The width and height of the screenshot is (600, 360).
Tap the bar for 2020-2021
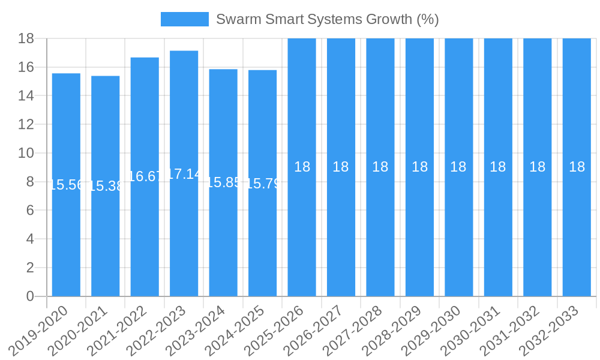[106, 240]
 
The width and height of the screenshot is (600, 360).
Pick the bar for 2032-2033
[577, 240]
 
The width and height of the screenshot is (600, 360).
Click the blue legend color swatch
[184, 19]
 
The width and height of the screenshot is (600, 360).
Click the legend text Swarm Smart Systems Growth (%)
[327, 19]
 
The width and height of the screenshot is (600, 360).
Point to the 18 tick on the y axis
[26, 38]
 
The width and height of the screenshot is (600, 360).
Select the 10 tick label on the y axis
[26, 153]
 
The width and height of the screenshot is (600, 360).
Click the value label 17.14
[184, 174]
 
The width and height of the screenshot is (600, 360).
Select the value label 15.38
[106, 186]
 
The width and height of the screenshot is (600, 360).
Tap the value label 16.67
[145, 176]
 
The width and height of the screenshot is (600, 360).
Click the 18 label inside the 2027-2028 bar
[380, 167]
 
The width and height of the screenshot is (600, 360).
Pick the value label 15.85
[223, 182]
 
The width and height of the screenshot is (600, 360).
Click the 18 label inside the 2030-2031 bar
[498, 167]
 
